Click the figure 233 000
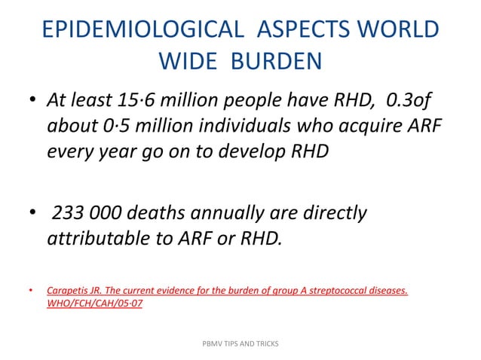(88, 214)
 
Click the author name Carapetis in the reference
(68, 289)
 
